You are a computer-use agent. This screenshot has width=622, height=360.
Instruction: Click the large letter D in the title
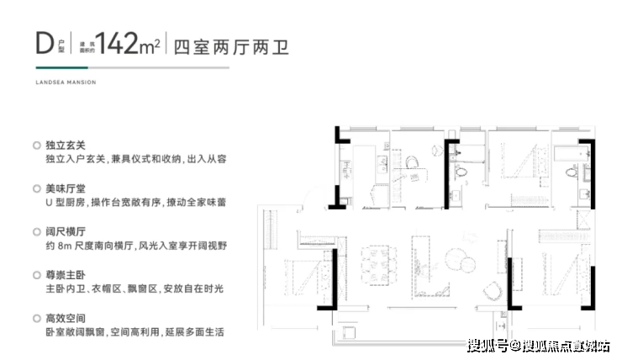[45, 43]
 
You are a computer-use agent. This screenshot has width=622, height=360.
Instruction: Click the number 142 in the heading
[117, 43]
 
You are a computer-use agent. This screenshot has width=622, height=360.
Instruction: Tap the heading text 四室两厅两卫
[231, 47]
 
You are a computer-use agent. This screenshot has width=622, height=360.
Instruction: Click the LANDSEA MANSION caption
[66, 82]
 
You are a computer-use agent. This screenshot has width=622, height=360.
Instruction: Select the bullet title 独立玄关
[66, 146]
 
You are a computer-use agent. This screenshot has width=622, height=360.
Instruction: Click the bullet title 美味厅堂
[66, 188]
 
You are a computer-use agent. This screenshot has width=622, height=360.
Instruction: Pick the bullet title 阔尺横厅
[66, 232]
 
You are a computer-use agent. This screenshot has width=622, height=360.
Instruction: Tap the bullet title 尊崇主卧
[66, 275]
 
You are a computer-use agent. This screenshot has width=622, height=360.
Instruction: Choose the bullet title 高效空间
[66, 318]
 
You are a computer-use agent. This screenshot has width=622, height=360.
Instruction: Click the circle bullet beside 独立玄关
[37, 146]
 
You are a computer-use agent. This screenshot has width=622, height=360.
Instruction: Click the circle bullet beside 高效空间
[37, 318]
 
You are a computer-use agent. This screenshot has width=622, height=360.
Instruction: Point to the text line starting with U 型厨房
[135, 203]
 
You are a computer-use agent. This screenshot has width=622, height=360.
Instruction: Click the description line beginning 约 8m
[136, 246]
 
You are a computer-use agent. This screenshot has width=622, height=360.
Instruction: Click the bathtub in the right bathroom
[571, 153]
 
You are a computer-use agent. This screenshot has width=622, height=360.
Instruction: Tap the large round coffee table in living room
[456, 260]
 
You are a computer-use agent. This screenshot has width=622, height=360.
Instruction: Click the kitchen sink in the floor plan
[383, 164]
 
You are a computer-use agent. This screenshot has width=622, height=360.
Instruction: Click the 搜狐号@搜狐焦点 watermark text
[538, 346]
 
